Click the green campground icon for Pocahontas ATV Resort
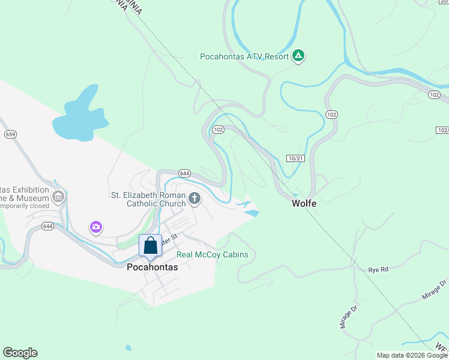click(x=298, y=56)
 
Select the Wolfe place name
click(x=304, y=203)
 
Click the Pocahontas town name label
click(x=152, y=268)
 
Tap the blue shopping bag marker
click(x=150, y=246)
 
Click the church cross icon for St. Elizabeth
click(x=194, y=198)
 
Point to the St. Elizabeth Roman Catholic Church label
click(x=148, y=199)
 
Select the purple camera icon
click(x=95, y=227)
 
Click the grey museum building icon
click(x=58, y=196)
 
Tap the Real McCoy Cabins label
click(x=212, y=254)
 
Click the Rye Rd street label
click(x=378, y=269)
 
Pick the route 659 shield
click(x=10, y=134)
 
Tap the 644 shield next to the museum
click(x=48, y=226)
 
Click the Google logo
click(x=20, y=353)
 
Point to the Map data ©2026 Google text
click(x=412, y=355)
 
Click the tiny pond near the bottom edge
click(x=128, y=347)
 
